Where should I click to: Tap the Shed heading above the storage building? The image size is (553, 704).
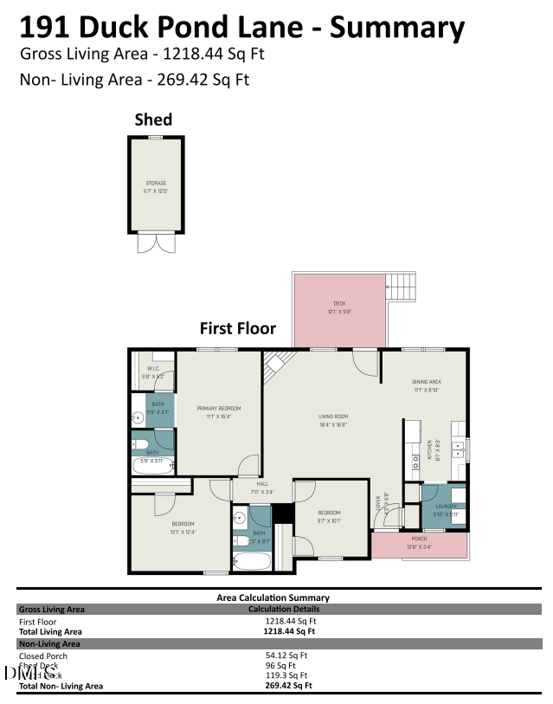coord(153,119)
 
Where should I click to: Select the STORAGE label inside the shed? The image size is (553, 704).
coord(155,183)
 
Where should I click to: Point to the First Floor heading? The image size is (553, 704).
coord(238,328)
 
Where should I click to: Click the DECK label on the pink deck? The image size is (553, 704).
coord(339,303)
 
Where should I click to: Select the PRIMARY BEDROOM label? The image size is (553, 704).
coord(218,408)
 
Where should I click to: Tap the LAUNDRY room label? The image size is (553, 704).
coord(445,506)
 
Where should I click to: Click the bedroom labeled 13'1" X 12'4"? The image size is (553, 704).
coord(183,525)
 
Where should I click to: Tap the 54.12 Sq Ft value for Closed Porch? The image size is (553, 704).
coord(290,656)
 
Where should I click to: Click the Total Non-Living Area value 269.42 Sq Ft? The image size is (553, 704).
coord(289,685)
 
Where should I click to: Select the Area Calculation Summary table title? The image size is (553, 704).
coord(272,597)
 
